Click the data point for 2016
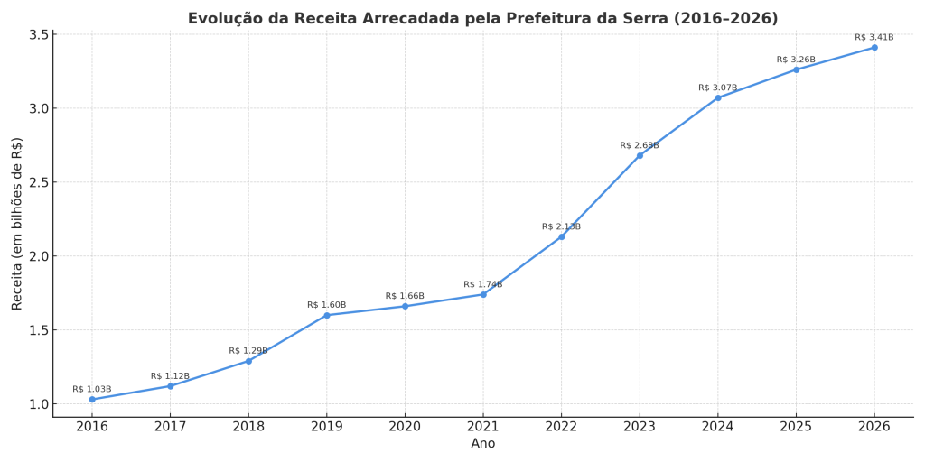click(x=92, y=400)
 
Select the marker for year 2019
click(x=327, y=315)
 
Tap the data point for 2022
click(x=562, y=236)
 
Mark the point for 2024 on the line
click(x=718, y=97)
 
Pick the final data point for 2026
click(x=874, y=47)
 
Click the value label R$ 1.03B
click(x=92, y=390)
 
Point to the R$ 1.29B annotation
click(x=248, y=351)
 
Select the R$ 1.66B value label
click(x=405, y=296)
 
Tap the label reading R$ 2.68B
click(x=640, y=145)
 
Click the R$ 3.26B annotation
click(x=796, y=60)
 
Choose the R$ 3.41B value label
click(x=874, y=37)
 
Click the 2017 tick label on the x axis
click(x=170, y=426)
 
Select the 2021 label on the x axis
click(x=483, y=426)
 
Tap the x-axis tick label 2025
click(x=796, y=426)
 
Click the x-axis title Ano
click(x=483, y=443)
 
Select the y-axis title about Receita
click(x=17, y=224)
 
